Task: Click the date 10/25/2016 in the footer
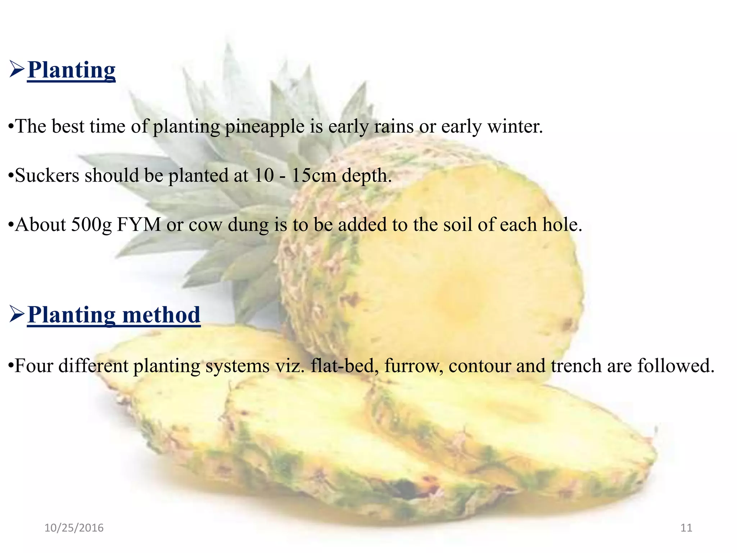[74, 528]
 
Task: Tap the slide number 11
[686, 528]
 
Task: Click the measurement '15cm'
[313, 176]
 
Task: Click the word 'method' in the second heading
[161, 315]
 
